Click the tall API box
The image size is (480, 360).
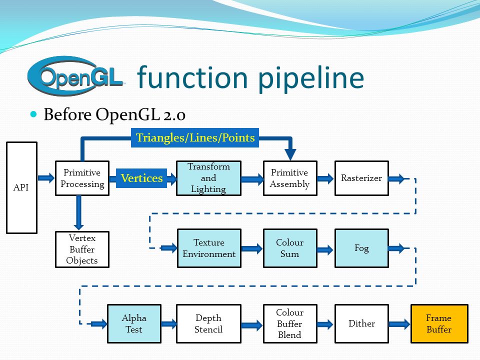coord(21,187)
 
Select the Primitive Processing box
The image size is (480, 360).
coord(82,178)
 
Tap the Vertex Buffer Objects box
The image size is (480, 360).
coord(82,249)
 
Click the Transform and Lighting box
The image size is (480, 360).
coord(208,178)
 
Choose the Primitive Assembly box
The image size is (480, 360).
coord(290,178)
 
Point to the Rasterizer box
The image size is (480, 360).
coord(361,178)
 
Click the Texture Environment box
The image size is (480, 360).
coord(209,248)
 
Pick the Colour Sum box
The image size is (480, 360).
coord(290,248)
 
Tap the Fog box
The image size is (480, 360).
coord(361,248)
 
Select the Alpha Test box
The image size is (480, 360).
coord(134,323)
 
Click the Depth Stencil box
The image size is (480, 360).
coord(208,323)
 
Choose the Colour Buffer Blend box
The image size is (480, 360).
coord(290,323)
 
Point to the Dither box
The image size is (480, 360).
coord(361,323)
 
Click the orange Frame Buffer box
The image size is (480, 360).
coord(439,323)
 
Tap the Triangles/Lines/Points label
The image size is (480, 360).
coord(195,138)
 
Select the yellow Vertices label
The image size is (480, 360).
coord(141,178)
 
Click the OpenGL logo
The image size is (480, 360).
coord(76,76)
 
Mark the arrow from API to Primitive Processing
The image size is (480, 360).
coord(46,178)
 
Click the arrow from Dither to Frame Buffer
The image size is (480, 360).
coord(399,324)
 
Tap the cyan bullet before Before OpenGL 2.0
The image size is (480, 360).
coord(33,114)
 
